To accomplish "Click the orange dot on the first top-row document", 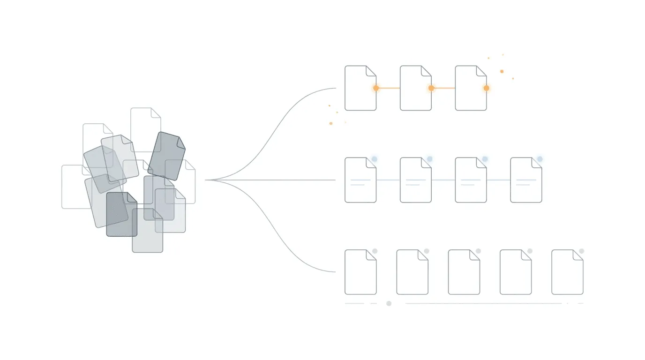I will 376,88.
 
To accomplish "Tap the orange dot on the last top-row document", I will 486,88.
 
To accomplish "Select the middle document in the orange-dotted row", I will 415,88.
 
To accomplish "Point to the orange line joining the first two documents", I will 388,88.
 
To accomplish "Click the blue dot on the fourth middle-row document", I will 540,159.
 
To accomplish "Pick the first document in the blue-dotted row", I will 360,180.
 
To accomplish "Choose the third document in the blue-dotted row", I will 471,180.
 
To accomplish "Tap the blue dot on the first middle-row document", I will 375,159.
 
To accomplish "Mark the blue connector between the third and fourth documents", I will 498,180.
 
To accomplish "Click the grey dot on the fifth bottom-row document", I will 581,251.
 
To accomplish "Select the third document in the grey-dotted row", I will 464,272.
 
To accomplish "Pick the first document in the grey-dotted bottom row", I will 360,272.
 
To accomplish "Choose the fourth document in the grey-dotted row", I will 515,272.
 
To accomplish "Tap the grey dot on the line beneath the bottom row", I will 389,303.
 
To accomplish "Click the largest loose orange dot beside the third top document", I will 502,71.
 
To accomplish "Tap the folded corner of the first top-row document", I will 371,70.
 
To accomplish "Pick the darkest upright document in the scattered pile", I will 121,215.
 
